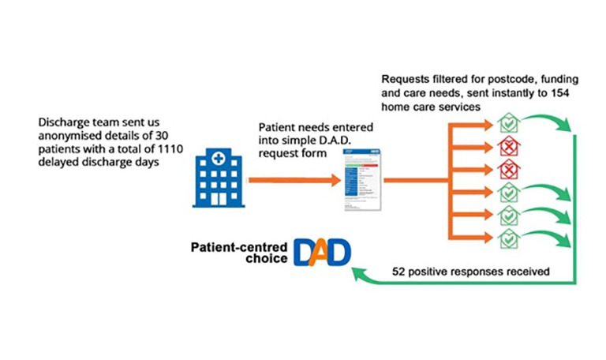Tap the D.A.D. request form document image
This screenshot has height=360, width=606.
(360, 182)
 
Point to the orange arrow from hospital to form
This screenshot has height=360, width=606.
(292, 181)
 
